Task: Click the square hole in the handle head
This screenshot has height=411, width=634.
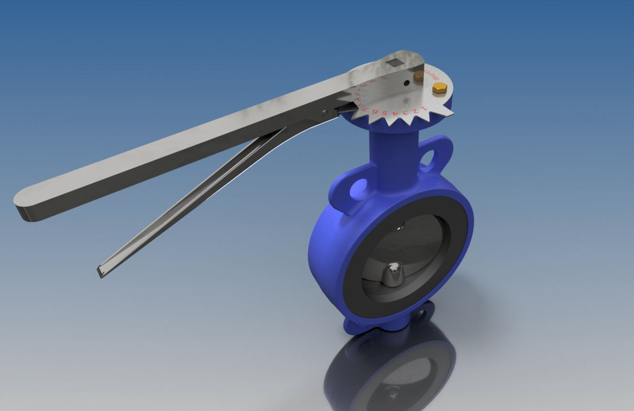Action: pyautogui.click(x=394, y=63)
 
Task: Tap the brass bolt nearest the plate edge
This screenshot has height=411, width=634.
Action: pyautogui.click(x=439, y=87)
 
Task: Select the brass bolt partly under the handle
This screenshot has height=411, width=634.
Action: pyautogui.click(x=419, y=77)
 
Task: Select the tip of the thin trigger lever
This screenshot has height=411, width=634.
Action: pyautogui.click(x=103, y=270)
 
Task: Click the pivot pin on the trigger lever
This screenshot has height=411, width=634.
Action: pyautogui.click(x=324, y=113)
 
